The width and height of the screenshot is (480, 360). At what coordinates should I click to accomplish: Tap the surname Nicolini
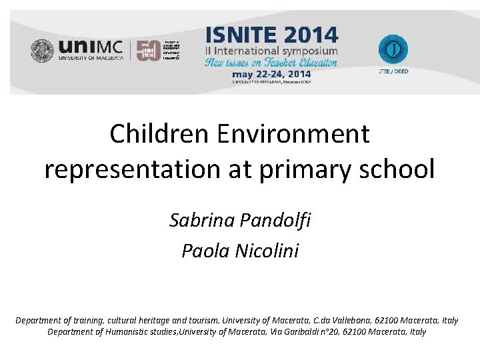pos(267,251)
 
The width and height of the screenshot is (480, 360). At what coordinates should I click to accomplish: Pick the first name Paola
pos(203,251)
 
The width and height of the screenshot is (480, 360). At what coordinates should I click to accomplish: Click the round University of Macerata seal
pos(43,51)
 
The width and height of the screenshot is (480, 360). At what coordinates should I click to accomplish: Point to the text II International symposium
pos(271,51)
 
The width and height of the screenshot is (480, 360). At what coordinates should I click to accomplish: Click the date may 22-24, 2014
pos(271,74)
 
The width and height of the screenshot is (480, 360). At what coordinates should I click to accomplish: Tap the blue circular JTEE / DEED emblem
pos(393,49)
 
